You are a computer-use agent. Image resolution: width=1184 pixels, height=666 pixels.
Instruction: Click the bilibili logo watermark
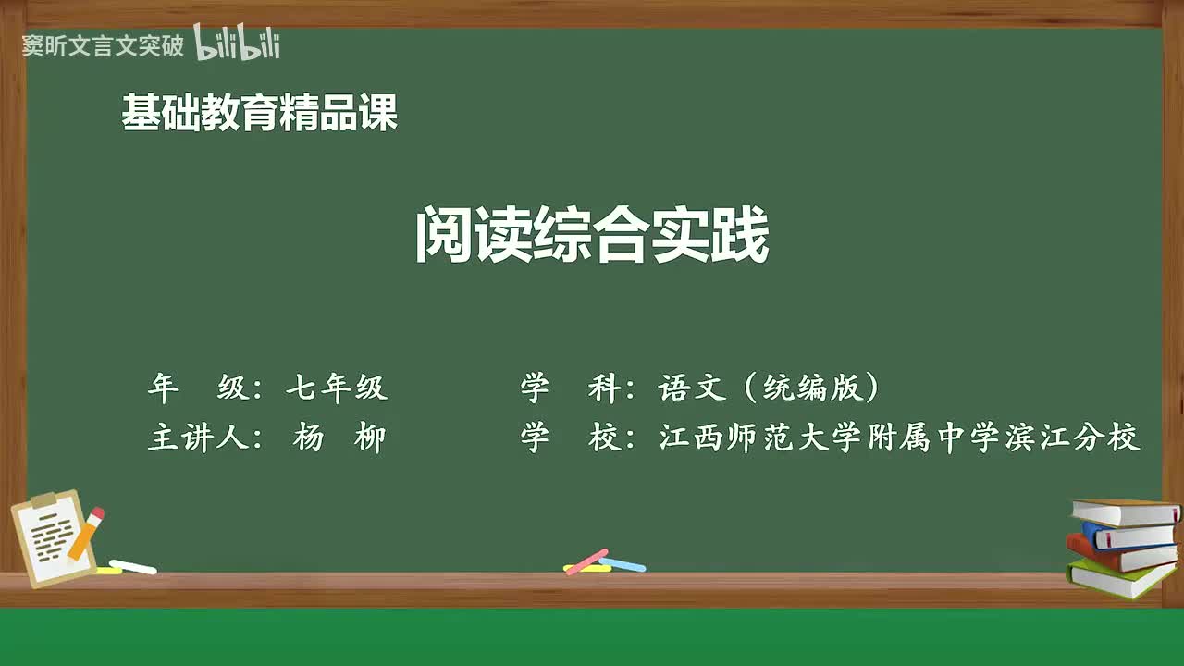tap(237, 43)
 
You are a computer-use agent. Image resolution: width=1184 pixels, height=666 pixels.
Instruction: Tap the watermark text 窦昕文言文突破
tap(103, 45)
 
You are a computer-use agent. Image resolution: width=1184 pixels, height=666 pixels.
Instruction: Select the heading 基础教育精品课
tap(260, 114)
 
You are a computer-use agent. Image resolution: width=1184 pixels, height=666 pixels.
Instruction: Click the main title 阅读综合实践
tap(592, 237)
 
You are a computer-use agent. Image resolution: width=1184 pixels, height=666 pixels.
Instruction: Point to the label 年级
tap(199, 388)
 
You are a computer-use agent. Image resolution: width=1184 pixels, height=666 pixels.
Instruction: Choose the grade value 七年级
tap(336, 388)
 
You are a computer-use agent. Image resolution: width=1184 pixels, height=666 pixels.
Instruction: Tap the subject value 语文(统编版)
tap(768, 388)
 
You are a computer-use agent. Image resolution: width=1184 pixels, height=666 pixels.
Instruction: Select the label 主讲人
tap(199, 438)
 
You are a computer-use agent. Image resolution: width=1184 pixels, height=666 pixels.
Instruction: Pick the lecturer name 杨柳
tap(339, 438)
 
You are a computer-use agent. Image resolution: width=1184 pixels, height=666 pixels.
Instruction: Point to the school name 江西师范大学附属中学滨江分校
tap(899, 438)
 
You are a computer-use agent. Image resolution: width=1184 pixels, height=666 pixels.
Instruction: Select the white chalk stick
tap(132, 566)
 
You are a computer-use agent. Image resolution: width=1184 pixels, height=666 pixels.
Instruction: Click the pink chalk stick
tap(586, 561)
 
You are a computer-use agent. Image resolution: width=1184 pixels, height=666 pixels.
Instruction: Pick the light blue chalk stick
tap(623, 564)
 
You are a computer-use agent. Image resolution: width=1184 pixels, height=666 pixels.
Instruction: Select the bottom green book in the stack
tap(1119, 579)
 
